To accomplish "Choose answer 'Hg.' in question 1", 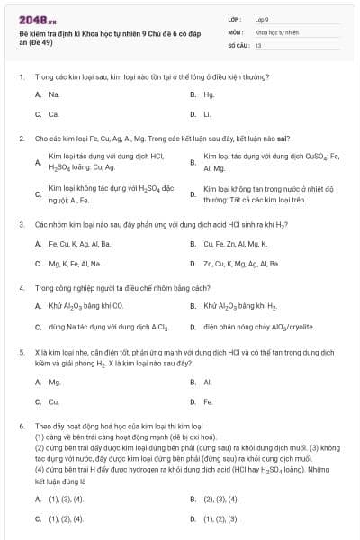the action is tap(209, 94).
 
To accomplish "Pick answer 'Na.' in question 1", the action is tap(54, 94).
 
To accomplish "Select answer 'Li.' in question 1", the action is tap(207, 114).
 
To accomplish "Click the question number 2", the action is tap(21, 139).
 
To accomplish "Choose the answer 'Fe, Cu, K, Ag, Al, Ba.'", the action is tap(80, 243).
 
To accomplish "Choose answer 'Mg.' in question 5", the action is tap(54, 382).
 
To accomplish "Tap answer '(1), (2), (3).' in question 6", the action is tap(221, 518).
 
